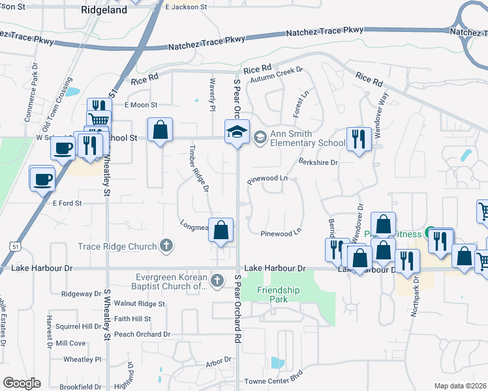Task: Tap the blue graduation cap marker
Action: (x=237, y=132)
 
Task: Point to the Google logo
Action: (x=22, y=383)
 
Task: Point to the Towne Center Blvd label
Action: (x=274, y=381)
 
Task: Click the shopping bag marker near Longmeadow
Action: (x=221, y=230)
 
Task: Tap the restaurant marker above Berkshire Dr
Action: (x=358, y=139)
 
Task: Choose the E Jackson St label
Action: (x=186, y=7)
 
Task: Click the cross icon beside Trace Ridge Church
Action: (x=167, y=246)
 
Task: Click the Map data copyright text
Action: (x=460, y=386)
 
